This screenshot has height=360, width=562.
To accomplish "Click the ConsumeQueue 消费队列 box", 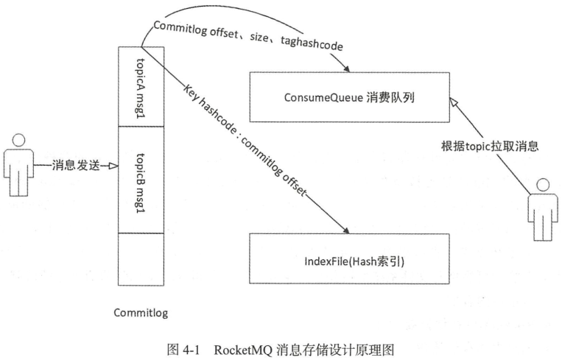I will pos(349,96).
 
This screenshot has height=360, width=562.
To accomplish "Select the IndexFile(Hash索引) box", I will pos(349,261).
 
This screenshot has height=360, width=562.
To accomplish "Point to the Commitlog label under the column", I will pos(141,313).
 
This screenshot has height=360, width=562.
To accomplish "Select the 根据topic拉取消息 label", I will pos(496,146).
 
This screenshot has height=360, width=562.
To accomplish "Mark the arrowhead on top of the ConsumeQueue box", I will pos(351,68).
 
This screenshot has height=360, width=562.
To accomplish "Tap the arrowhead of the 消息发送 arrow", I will pos(113,166).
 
